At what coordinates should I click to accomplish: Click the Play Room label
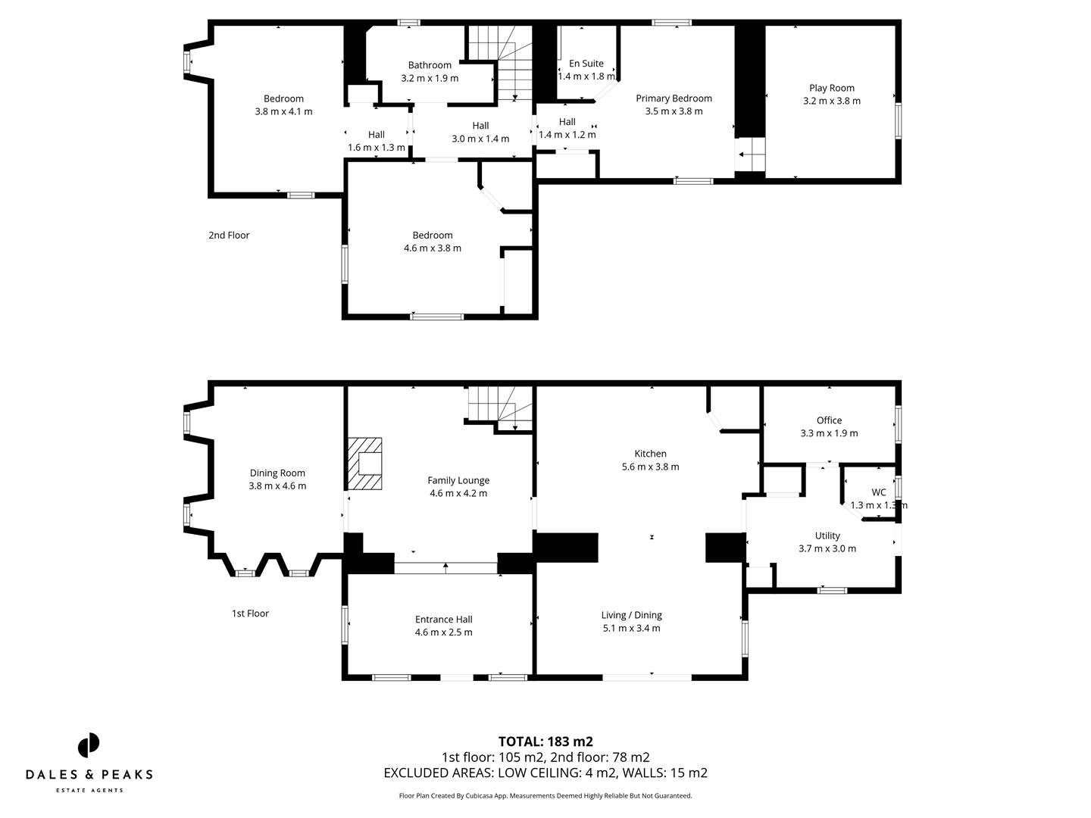pos(831,88)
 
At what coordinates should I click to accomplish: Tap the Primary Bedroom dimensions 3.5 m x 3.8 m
pos(674,111)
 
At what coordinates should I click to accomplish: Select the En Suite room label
pos(586,64)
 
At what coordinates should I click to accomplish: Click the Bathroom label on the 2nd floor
pos(430,65)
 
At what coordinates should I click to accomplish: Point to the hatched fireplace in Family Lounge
pos(365,464)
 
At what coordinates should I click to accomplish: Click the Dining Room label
pos(277,473)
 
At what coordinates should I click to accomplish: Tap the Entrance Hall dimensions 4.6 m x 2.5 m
pos(443,632)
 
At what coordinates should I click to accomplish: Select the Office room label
pos(829,420)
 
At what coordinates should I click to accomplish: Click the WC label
pos(878,492)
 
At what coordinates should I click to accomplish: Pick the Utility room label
pos(827,535)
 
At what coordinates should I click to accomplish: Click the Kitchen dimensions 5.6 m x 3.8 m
pos(650,467)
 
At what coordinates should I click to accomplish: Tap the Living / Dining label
pos(631,615)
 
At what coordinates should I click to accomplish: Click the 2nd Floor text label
pos(229,236)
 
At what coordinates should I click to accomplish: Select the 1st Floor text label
pos(250,613)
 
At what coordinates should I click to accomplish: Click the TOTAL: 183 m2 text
pos(545,742)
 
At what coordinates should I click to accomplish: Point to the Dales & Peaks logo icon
pos(89,745)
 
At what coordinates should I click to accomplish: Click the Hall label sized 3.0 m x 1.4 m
pos(480,126)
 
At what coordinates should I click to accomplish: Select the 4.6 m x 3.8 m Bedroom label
pos(433,236)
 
